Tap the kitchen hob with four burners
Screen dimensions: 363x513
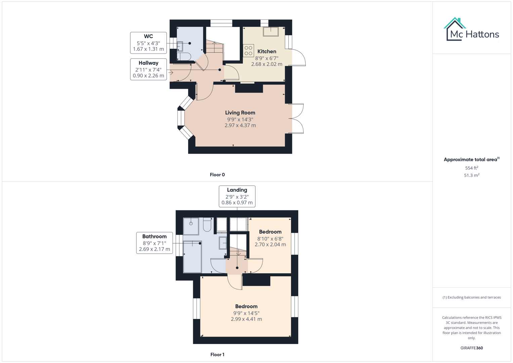248,51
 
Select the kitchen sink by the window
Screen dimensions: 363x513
270,32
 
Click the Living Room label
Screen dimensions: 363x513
240,113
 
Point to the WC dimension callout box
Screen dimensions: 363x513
148,43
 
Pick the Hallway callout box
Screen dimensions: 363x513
148,69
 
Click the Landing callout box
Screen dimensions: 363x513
237,196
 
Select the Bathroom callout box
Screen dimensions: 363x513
154,243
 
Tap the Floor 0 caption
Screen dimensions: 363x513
217,175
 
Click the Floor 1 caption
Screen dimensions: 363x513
217,355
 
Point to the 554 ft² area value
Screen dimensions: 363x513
471,168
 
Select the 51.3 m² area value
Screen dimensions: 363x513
471,175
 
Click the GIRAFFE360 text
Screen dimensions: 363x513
471,348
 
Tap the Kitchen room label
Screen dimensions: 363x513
267,51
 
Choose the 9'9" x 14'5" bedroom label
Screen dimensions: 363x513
246,307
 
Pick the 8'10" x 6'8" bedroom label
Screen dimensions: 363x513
270,232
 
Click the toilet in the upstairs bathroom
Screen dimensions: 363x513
207,225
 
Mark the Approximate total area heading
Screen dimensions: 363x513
471,160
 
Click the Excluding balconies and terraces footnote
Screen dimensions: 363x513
471,297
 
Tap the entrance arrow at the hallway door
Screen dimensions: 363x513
171,72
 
